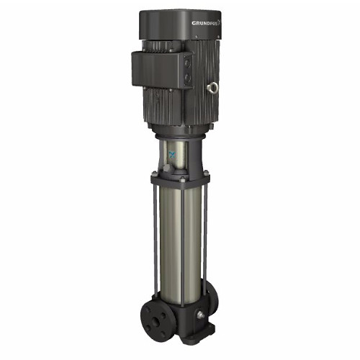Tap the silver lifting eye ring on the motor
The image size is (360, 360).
(x=212, y=87)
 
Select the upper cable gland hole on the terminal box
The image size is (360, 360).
(x=187, y=64)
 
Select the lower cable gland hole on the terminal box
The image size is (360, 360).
(x=187, y=77)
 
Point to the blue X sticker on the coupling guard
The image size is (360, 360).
(x=171, y=155)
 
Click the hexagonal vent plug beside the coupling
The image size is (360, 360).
(x=166, y=168)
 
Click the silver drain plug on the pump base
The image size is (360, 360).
(x=200, y=315)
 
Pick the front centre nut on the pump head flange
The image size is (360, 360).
(x=181, y=179)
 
